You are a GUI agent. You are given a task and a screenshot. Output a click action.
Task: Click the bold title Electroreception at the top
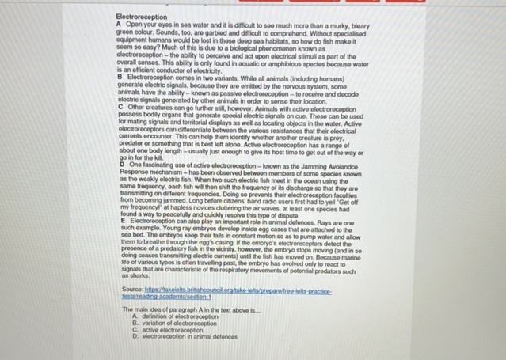(141, 16)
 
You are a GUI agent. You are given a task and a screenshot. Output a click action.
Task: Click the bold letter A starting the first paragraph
(119, 23)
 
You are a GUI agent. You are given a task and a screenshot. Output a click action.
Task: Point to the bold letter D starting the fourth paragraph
(119, 162)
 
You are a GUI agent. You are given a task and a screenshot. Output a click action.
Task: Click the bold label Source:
(129, 291)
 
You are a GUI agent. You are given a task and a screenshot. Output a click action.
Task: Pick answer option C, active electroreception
(167, 329)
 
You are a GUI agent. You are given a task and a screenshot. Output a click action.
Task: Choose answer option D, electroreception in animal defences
(187, 336)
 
